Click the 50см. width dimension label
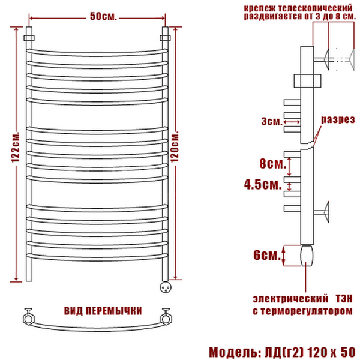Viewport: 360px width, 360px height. [103, 16]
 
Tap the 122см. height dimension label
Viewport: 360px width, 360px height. [16, 147]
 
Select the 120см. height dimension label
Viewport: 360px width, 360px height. [175, 146]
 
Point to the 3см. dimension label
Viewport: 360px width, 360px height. [272, 121]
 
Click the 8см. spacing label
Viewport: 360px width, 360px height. [273, 163]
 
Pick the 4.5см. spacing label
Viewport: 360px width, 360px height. [263, 184]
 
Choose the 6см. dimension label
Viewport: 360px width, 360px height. [267, 254]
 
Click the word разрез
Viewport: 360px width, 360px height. [338, 119]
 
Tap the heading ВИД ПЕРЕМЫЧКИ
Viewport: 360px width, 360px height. [103, 311]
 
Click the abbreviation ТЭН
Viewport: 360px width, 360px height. [344, 299]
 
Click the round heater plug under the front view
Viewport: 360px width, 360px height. [165, 287]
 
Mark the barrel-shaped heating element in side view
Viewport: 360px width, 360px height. [307, 256]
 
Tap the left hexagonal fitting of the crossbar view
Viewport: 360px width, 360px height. [29, 317]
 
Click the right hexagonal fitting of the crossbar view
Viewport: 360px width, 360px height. [166, 317]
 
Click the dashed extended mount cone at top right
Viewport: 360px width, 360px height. [352, 59]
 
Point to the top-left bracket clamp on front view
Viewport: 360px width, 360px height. [29, 38]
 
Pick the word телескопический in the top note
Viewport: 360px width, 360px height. [315, 8]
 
